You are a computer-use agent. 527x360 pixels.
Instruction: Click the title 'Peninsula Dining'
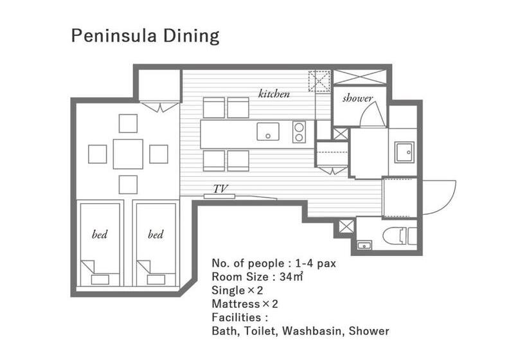145,36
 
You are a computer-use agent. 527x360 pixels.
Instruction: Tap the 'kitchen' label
274,93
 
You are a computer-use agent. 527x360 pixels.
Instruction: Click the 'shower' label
357,98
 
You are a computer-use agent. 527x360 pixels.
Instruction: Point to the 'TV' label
221,189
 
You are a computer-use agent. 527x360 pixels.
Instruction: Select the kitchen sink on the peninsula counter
268,131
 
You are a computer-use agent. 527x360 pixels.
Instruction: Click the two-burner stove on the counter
299,132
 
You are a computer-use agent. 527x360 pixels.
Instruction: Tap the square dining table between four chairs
128,154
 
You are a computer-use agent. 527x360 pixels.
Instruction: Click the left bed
100,244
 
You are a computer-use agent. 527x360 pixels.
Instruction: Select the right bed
156,244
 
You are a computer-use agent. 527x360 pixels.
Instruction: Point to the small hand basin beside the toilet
364,245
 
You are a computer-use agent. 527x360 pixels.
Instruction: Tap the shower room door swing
373,114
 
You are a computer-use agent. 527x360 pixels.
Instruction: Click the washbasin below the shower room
404,152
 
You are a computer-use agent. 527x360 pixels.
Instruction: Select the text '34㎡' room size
291,276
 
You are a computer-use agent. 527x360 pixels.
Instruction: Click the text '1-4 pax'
316,263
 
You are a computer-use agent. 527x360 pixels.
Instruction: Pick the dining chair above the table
128,123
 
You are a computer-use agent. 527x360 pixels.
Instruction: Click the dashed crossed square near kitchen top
319,81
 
